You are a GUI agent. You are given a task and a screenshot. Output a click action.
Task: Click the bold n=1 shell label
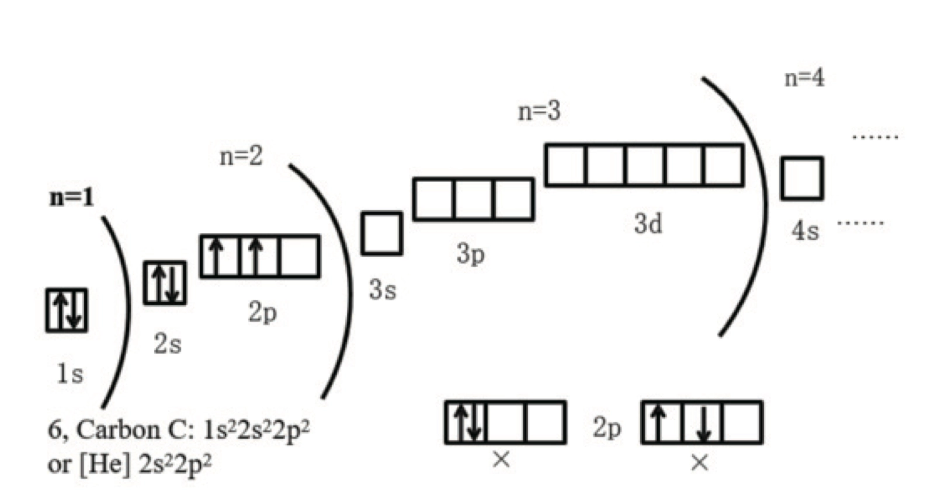click(x=71, y=197)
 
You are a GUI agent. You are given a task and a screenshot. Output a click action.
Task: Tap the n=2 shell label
click(x=241, y=156)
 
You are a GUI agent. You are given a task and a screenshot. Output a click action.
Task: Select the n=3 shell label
click(x=539, y=110)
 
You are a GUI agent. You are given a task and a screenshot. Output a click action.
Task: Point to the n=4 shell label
click(x=804, y=78)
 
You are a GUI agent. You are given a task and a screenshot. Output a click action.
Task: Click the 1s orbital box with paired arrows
click(x=67, y=310)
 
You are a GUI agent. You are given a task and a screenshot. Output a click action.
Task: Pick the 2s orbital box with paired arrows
click(x=165, y=283)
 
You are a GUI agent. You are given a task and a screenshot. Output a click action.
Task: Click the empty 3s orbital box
click(x=381, y=233)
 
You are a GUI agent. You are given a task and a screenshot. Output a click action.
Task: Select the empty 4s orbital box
click(x=802, y=179)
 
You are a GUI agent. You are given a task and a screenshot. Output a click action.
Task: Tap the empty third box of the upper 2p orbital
click(x=299, y=256)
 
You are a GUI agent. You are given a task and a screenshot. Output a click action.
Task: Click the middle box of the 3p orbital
click(x=473, y=200)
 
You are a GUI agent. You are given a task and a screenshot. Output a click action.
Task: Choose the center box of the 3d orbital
click(x=644, y=165)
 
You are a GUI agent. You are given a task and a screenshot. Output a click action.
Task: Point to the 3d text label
click(x=648, y=223)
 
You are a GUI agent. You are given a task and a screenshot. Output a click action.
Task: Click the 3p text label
click(x=471, y=254)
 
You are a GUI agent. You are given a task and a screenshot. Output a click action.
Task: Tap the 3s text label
click(x=383, y=289)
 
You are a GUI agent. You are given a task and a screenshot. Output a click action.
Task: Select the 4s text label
click(x=805, y=231)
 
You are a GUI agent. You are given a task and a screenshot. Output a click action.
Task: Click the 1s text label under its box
click(x=70, y=373)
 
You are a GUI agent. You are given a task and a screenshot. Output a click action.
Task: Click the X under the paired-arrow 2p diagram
click(x=501, y=460)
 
